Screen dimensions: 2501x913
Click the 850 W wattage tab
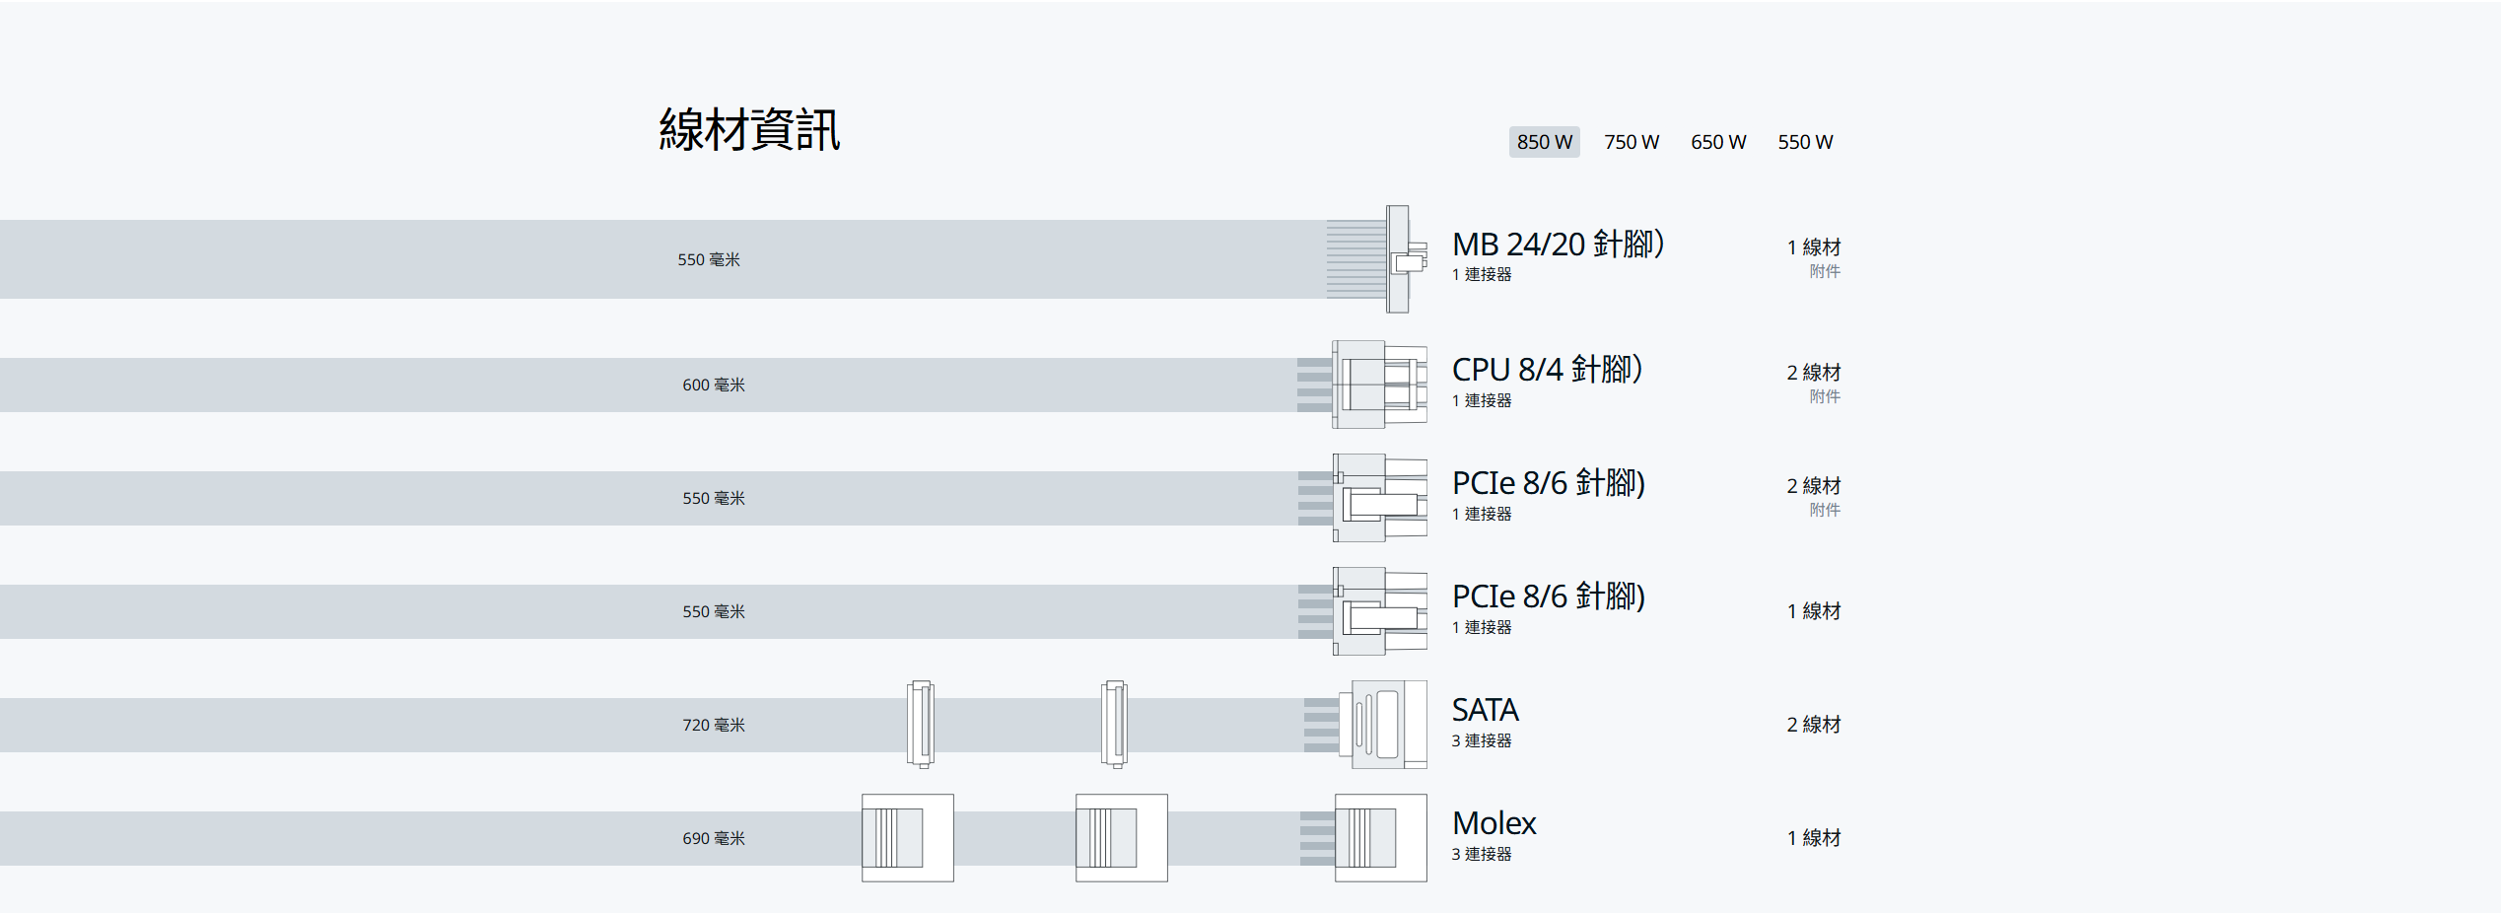pos(1544,142)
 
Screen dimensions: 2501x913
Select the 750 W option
pos(1632,142)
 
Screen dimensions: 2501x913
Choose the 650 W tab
pos(1718,142)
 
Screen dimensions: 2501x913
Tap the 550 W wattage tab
pos(1805,142)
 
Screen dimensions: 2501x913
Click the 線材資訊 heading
pos(749,130)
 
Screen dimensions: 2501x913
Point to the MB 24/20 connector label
pos(1558,244)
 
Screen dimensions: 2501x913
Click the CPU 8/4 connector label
pos(1547,369)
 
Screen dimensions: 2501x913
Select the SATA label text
pos(1485,710)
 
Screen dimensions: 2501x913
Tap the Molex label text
pos(1494,823)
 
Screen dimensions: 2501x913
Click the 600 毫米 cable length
pos(714,385)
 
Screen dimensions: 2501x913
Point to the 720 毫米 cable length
pos(714,725)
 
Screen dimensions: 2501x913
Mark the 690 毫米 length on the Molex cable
pos(714,838)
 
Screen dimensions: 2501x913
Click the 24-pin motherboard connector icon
pos(1377,259)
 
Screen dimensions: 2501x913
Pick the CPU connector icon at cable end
pos(1362,385)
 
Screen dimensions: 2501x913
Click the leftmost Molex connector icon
pos(908,838)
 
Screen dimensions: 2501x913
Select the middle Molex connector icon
pos(1122,838)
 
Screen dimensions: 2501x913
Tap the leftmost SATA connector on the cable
pos(921,725)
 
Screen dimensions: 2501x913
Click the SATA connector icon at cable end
pos(1366,725)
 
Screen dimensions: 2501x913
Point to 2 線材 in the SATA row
pos(1814,725)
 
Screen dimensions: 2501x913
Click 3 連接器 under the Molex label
pos(1482,854)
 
